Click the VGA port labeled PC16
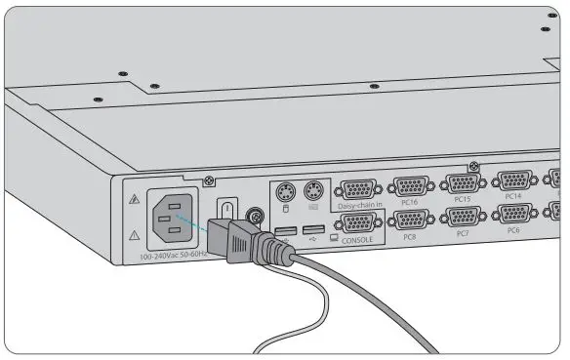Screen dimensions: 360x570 [x=410, y=186]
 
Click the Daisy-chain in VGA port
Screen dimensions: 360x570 [x=358, y=189]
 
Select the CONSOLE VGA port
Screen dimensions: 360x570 [x=359, y=222]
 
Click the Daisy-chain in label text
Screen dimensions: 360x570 [x=358, y=206]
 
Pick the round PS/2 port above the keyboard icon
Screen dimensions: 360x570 [x=313, y=190]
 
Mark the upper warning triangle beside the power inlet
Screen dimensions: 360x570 [x=134, y=199]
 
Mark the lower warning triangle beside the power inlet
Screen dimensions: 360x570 [x=134, y=235]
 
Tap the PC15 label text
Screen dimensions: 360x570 [x=462, y=200]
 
